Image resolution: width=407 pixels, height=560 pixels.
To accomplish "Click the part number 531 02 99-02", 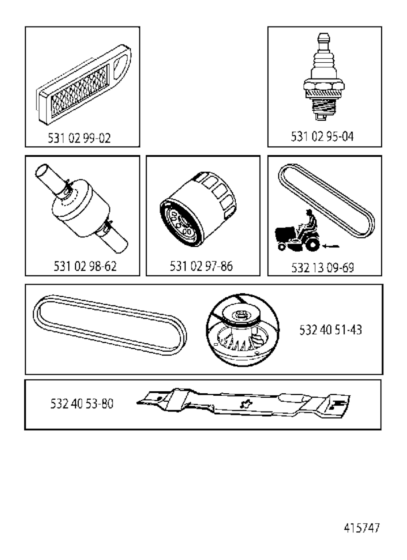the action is pyautogui.click(x=79, y=138).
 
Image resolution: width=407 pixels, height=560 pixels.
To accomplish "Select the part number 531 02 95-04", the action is pyautogui.click(x=322, y=137).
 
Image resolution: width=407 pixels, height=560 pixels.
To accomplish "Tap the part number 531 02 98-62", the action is pyautogui.click(x=85, y=266).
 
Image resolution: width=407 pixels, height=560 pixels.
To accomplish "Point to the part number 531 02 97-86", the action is pyautogui.click(x=201, y=266).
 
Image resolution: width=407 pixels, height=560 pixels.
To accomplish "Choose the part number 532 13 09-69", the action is pyautogui.click(x=323, y=268).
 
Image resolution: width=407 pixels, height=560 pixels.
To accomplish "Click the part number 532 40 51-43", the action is pyautogui.click(x=331, y=330).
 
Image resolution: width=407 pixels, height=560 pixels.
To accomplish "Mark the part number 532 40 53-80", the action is pyautogui.click(x=82, y=404).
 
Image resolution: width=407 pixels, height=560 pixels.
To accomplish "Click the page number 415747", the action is pyautogui.click(x=362, y=528).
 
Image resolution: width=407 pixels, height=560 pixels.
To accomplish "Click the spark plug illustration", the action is pyautogui.click(x=324, y=77).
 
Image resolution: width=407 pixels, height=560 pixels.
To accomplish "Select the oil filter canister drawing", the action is pyautogui.click(x=198, y=209).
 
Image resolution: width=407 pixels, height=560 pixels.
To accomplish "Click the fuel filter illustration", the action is pyautogui.click(x=81, y=208).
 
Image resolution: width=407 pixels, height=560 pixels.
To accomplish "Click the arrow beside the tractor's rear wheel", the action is pyautogui.click(x=330, y=246).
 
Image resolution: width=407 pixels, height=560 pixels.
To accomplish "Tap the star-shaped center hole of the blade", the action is pyautogui.click(x=246, y=404).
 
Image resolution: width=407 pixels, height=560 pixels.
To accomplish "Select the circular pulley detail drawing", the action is pyautogui.click(x=242, y=330).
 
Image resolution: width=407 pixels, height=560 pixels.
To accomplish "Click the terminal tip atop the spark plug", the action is pyautogui.click(x=324, y=37).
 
